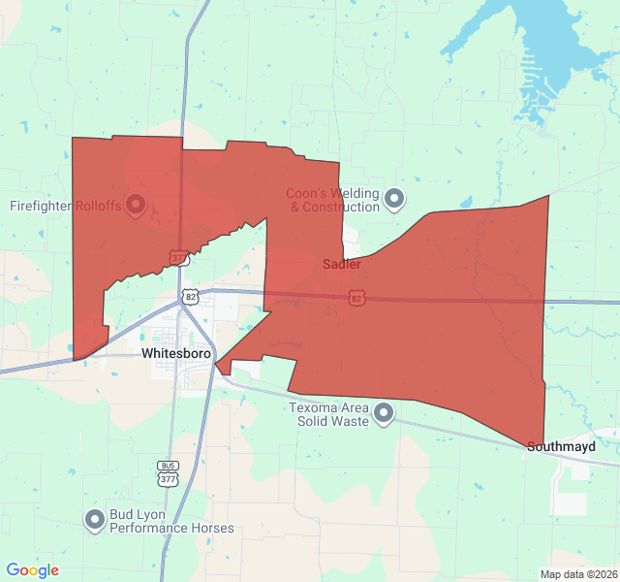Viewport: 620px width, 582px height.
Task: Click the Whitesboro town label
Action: pos(176,354)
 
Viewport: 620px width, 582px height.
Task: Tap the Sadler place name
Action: pos(342,264)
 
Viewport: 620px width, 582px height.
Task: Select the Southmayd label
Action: pos(561,447)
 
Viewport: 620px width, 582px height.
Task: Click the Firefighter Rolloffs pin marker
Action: pos(136,206)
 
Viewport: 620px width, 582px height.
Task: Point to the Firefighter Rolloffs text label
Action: pos(66,206)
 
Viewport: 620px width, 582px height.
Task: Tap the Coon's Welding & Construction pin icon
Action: pos(394,200)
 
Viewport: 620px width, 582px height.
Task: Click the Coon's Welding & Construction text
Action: pos(332,200)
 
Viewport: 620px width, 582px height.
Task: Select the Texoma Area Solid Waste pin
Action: pos(384,414)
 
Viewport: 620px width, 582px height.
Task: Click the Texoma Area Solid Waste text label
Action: pos(329,414)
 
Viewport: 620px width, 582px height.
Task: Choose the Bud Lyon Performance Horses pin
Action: pos(95,521)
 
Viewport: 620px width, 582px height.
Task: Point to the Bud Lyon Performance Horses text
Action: pos(171,522)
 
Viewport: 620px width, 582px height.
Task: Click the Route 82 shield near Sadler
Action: pos(356,298)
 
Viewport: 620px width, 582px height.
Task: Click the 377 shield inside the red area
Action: pos(177,258)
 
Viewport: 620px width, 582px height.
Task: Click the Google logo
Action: pos(33,570)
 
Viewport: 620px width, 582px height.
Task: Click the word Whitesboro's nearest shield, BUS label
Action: pos(169,466)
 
